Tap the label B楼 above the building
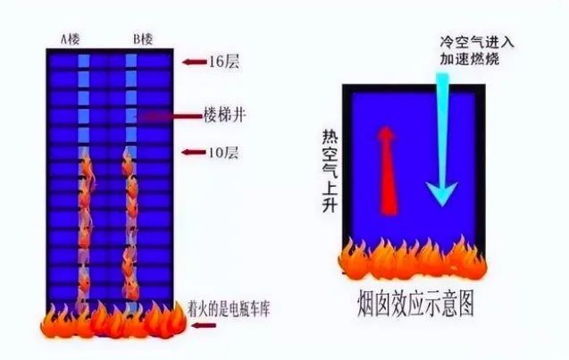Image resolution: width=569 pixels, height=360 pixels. [x=143, y=38]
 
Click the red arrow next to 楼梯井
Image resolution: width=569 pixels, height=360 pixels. [x=170, y=116]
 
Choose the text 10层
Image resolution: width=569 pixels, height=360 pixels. [x=223, y=152]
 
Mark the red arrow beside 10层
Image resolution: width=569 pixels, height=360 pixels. [x=191, y=152]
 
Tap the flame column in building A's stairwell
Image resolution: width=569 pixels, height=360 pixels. [x=86, y=223]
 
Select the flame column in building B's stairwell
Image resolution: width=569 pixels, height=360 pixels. [x=131, y=223]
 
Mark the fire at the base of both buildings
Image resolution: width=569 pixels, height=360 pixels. [x=112, y=322]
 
